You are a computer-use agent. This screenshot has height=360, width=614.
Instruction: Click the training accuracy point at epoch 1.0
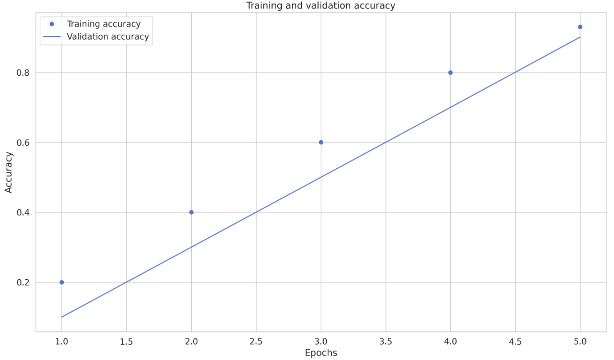(62, 282)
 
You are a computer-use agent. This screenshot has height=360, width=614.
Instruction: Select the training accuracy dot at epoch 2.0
(191, 212)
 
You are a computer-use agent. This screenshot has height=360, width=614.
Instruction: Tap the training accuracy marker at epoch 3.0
(321, 142)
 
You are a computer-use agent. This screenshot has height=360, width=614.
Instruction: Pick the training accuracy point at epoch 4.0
(450, 73)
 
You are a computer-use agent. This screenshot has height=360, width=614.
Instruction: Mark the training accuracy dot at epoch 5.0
(580, 27)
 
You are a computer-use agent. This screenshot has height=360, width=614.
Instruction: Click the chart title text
(321, 6)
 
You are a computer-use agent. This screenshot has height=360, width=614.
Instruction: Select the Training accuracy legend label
(103, 24)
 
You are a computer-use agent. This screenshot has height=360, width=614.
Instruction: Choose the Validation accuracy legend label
(107, 37)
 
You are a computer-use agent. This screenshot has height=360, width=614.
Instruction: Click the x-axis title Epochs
(321, 353)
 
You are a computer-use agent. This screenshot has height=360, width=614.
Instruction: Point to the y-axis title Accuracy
(9, 172)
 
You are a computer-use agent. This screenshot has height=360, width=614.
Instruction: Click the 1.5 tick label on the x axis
(126, 340)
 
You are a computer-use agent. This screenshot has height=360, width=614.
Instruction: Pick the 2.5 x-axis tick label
(256, 340)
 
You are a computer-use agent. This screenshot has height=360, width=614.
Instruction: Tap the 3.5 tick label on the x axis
(385, 340)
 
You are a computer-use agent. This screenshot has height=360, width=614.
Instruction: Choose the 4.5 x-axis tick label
(515, 340)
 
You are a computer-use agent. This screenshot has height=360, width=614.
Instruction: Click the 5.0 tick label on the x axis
(580, 340)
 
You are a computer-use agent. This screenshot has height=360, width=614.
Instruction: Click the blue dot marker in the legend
(52, 24)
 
